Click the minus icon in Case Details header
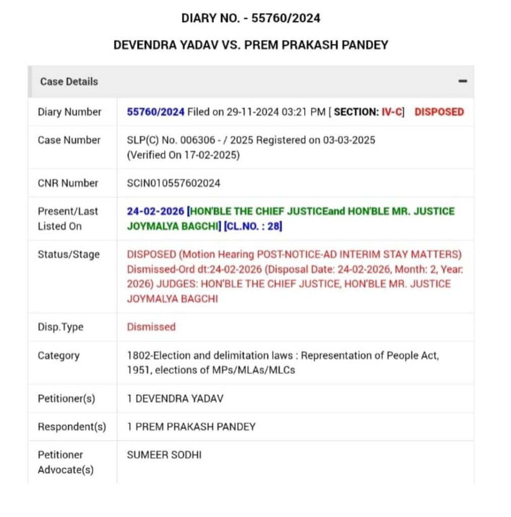[463, 81]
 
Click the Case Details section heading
[69, 81]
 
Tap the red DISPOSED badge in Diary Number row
[439, 112]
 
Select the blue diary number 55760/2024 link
[156, 112]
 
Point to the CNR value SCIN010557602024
[174, 183]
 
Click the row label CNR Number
[68, 183]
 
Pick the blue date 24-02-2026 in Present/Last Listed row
[155, 211]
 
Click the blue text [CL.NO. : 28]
[253, 226]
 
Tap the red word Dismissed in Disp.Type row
[151, 327]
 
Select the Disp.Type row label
[61, 327]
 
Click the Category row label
[59, 355]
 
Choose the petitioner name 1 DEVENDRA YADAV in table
[175, 399]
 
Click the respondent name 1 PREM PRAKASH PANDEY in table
[191, 427]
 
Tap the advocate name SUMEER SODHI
[164, 455]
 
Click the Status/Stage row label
[69, 254]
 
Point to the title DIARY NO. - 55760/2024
[251, 18]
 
